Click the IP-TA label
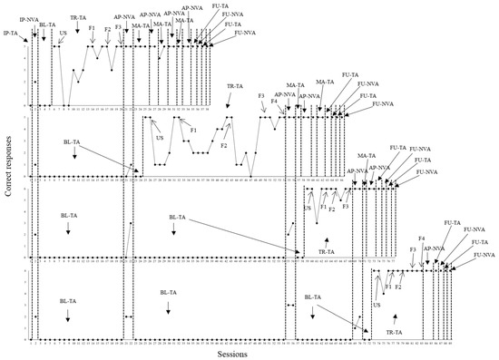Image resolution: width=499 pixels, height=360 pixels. coord(12,33)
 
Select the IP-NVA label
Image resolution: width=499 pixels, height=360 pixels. coord(29,17)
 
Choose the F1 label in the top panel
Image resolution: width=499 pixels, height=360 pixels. coord(93,29)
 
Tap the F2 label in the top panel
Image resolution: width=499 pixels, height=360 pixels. coord(108,30)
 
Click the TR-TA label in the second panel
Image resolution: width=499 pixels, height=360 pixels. coord(235,86)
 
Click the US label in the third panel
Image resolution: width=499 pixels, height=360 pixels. coord(307,209)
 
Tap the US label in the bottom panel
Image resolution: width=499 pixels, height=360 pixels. coord(376,306)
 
